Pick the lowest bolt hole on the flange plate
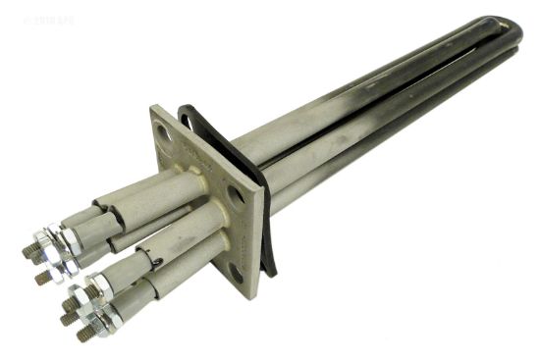click(236, 272)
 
